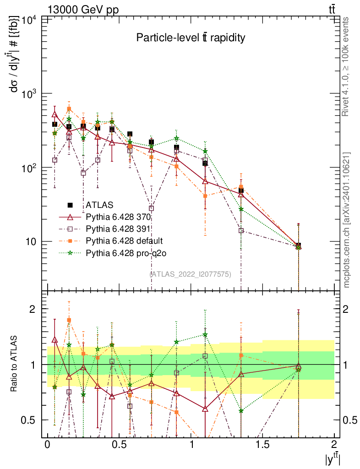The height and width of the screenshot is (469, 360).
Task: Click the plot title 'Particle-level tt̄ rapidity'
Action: click(191, 38)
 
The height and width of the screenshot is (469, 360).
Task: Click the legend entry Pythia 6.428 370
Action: click(119, 216)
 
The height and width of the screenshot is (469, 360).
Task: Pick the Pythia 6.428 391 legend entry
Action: click(119, 229)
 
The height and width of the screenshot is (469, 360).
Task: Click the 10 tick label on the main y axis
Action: click(31, 242)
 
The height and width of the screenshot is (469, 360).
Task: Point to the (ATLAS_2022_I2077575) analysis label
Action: click(191, 274)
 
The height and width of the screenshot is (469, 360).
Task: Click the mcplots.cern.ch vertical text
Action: click(347, 220)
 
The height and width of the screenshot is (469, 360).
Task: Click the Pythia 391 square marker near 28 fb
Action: click(152, 208)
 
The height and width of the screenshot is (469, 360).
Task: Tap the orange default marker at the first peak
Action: click(69, 109)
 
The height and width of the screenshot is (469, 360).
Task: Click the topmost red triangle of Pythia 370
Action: click(55, 115)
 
